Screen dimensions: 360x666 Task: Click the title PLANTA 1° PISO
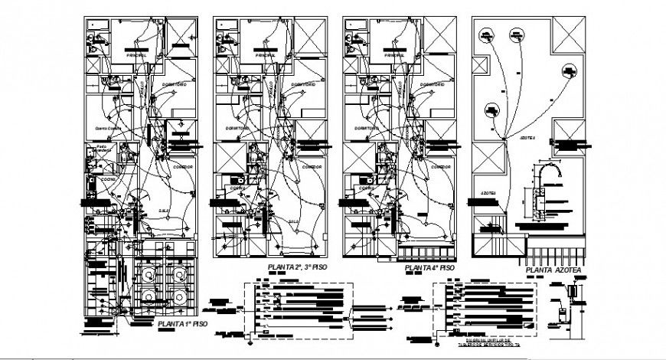coord(182,324)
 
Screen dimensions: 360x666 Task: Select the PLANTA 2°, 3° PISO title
coord(300,267)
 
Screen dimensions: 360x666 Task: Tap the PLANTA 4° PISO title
coord(429,269)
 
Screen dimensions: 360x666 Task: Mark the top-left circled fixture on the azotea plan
coord(485,34)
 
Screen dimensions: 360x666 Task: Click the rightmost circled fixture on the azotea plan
coord(569,71)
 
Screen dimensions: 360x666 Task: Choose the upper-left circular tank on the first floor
coord(145,272)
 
